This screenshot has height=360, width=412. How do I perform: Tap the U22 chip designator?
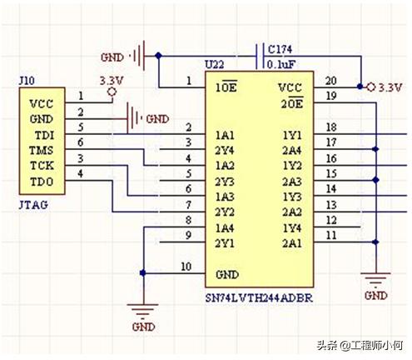pyautogui.click(x=216, y=65)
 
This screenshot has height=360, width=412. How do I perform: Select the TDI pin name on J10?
pyautogui.click(x=38, y=134)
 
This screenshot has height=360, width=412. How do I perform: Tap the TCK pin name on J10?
pyautogui.click(x=39, y=165)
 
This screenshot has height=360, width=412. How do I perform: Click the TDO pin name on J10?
pyautogui.click(x=39, y=180)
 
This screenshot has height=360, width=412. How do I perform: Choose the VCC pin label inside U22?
pyautogui.click(x=289, y=87)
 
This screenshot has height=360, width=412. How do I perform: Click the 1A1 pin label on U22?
pyautogui.click(x=224, y=134)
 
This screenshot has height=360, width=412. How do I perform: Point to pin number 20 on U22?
pyautogui.click(x=330, y=80)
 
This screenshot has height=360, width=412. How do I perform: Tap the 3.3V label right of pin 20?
pyautogui.click(x=389, y=87)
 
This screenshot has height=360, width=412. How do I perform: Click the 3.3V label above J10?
pyautogui.click(x=112, y=81)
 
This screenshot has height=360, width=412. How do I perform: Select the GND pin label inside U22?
pyautogui.click(x=226, y=273)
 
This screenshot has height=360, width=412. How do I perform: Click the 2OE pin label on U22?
pyautogui.click(x=290, y=102)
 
